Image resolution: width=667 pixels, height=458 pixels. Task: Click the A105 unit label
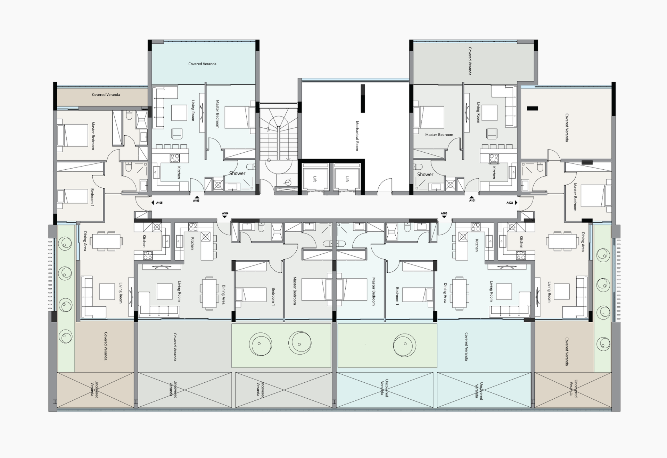coord(159,203)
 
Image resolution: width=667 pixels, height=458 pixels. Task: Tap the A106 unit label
coord(196,201)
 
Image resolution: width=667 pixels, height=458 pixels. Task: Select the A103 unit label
coord(444,213)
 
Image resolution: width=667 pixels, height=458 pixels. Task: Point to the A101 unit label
coord(472,200)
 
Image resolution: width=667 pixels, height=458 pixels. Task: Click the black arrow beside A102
coord(516,203)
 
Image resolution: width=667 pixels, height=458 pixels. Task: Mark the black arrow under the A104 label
coord(225,217)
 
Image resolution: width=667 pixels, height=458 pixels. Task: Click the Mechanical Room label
coord(357,136)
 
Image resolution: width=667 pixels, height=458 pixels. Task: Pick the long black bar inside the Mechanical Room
coord(363,99)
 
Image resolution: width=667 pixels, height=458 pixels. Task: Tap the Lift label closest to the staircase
coord(315,179)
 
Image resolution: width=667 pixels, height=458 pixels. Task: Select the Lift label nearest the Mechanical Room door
coord(347,179)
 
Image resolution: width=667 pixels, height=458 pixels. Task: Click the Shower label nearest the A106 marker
coord(237,173)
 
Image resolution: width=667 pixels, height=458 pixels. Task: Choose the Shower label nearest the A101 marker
coord(425,174)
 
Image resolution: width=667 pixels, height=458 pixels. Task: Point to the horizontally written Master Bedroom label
coord(439,135)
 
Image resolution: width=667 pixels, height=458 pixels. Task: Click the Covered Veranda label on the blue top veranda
coord(203,64)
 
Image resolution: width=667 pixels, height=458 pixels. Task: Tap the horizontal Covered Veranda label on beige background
coord(106,94)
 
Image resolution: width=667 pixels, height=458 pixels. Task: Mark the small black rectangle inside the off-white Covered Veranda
coord(533,109)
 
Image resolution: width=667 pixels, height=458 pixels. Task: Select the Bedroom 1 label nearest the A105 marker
coord(92,197)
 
